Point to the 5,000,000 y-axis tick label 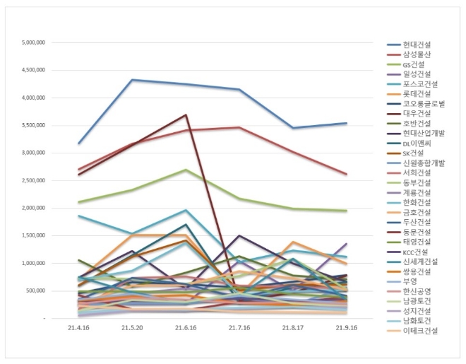tap(34, 42)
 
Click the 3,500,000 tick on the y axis tap(34, 125)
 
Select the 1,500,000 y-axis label tap(34, 235)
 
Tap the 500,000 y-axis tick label tap(36, 290)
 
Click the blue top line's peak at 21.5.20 tap(132, 80)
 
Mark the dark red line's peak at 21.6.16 tap(186, 115)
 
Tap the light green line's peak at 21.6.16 tap(186, 170)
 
